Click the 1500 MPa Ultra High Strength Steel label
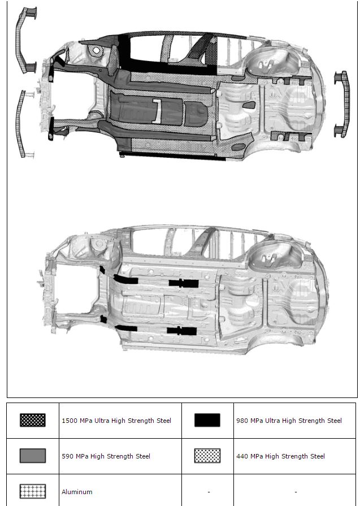(116, 421)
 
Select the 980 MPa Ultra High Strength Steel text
(289, 421)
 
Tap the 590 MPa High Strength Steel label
(106, 456)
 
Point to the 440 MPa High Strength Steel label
(280, 456)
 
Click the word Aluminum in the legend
(77, 492)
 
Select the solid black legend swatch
(207, 420)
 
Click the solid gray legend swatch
(33, 456)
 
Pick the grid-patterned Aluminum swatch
(33, 491)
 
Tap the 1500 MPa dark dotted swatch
(33, 420)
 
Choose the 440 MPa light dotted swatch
(207, 456)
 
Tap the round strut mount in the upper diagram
(96, 51)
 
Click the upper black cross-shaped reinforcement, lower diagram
(183, 283)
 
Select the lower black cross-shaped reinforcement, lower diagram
(181, 331)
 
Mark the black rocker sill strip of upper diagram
(172, 155)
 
